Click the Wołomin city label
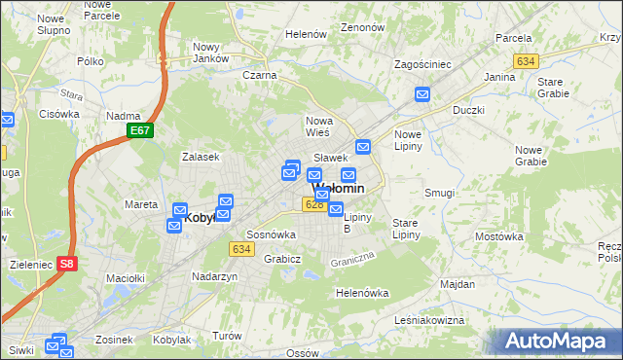pos(339,188)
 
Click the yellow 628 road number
pos(313,204)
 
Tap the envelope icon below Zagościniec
pos(422,94)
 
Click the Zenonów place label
pos(363,28)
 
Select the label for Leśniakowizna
pos(429,319)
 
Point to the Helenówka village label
pos(362,293)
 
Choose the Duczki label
pos(468,110)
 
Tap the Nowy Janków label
pos(211,53)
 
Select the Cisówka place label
pos(59,114)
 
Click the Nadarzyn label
pos(215,276)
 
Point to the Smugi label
pos(439,193)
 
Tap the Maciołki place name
pos(126,278)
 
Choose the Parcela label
pos(513,38)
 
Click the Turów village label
pos(227,335)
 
